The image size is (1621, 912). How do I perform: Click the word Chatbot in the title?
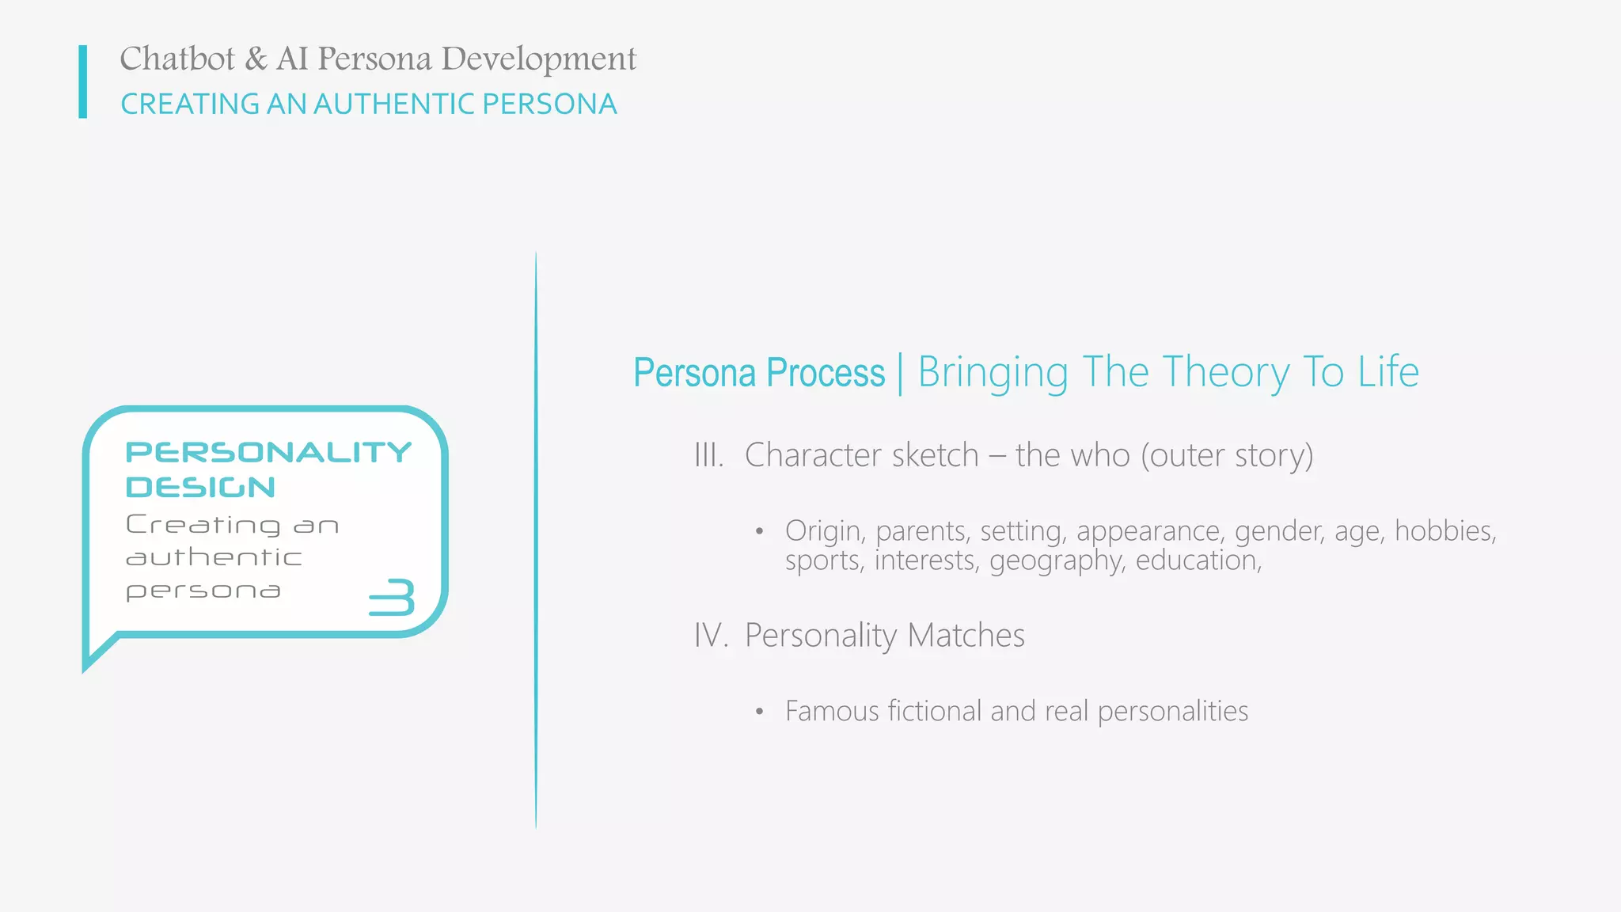177,59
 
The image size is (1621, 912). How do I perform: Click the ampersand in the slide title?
256,59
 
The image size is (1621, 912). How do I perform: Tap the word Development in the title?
538,60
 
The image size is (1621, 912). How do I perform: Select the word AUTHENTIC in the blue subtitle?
393,104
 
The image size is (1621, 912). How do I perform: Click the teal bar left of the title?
83,82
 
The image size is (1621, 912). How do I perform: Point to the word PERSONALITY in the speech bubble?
268,452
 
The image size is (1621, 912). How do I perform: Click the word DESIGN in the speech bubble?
200,487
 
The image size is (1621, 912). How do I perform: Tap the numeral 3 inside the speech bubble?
393,597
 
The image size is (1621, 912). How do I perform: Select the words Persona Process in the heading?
758,373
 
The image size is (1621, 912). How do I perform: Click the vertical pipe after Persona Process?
901,374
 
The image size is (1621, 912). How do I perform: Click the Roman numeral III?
708,456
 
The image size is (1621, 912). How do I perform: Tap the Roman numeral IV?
710,636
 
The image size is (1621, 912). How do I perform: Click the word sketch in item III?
935,455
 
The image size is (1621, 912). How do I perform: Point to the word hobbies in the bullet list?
1444,531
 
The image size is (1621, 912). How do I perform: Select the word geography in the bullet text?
1057,561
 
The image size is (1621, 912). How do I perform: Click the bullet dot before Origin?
759,531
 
